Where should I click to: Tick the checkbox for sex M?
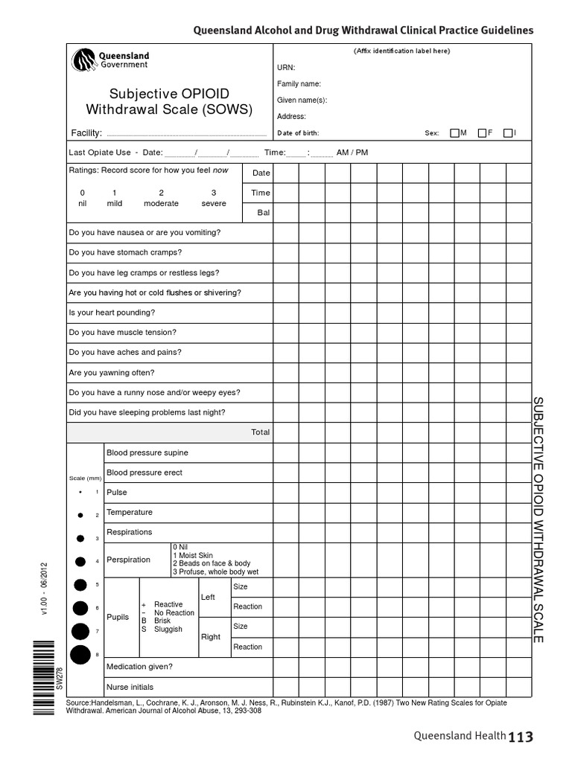(x=454, y=133)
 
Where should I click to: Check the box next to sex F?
(x=482, y=133)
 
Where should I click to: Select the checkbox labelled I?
(x=508, y=133)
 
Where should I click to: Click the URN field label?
(x=286, y=67)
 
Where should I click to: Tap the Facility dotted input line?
(x=186, y=135)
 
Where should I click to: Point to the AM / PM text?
(x=352, y=153)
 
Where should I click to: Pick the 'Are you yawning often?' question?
(x=112, y=373)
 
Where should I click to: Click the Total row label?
(x=260, y=432)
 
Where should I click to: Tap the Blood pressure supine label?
(x=147, y=452)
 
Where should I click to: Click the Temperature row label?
(x=129, y=513)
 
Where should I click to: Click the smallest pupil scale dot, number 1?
(x=80, y=493)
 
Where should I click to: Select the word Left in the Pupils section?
(x=208, y=598)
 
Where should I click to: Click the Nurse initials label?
(x=130, y=687)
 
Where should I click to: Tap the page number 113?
(x=521, y=737)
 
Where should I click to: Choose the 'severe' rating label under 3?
(x=213, y=203)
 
